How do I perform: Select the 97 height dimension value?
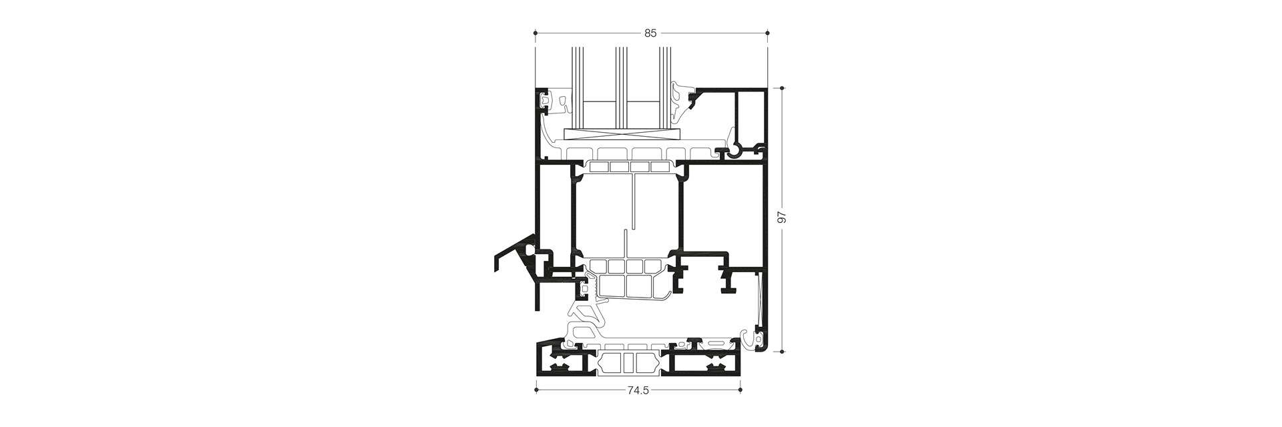click(783, 218)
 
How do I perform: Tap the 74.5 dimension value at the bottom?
click(638, 391)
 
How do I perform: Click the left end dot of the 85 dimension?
click(536, 32)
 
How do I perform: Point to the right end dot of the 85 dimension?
click(767, 32)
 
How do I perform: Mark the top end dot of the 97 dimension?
click(783, 86)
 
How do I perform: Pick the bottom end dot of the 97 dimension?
click(783, 351)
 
